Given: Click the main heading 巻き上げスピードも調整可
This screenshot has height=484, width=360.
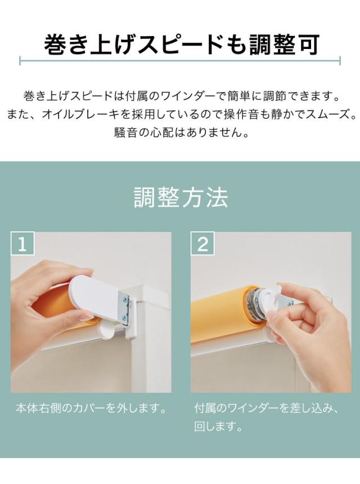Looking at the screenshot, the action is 181,45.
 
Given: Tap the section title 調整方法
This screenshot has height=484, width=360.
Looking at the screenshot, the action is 181,198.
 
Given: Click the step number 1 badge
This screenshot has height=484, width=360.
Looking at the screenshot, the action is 22,244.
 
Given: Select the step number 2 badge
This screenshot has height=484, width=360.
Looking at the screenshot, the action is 202,244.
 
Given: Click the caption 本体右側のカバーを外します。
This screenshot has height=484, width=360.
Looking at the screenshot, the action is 91,409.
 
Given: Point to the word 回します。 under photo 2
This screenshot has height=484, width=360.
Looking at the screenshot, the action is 218,427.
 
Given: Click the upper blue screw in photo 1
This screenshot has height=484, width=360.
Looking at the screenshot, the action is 125,299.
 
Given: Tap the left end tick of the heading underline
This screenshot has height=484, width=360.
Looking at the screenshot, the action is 20,61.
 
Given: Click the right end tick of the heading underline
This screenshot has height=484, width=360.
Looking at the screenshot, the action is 340,61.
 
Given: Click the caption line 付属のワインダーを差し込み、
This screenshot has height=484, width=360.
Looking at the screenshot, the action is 267,409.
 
